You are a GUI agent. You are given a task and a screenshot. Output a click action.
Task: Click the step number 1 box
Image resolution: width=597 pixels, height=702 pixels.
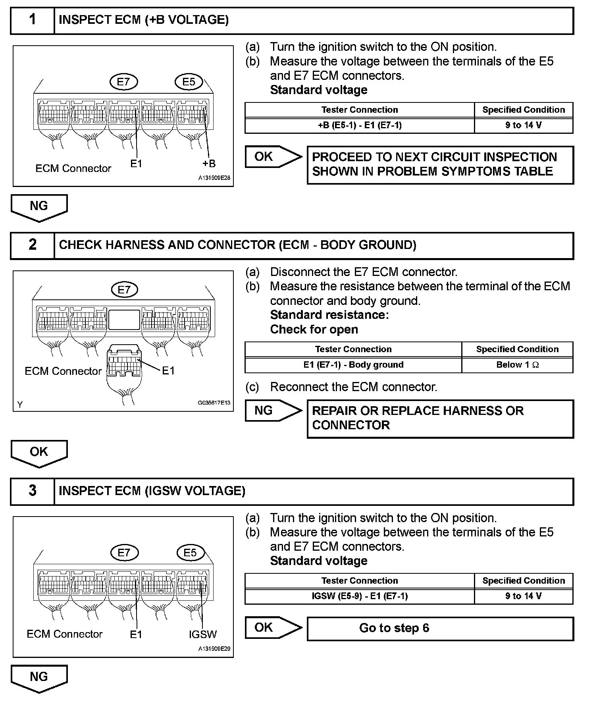pos(32,20)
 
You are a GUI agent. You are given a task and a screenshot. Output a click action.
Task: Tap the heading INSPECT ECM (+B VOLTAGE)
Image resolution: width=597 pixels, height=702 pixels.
pos(144,20)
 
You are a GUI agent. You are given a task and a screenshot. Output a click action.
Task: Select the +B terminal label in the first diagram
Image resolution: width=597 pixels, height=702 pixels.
pos(209,163)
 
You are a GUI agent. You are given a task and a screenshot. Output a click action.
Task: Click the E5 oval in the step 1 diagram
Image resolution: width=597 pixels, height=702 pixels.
pos(189,82)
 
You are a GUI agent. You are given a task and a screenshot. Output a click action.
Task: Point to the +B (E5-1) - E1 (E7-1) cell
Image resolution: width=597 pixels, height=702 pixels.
pos(359,125)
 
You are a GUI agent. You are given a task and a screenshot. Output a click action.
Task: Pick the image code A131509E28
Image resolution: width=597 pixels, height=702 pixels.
pos(214,178)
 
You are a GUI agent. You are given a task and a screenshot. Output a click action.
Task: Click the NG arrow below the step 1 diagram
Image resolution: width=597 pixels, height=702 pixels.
pos(39,207)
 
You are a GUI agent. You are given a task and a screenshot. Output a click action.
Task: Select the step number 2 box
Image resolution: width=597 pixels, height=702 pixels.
pos(32,245)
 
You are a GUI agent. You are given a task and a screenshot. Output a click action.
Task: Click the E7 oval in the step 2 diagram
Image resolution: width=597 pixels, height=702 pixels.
pos(124,289)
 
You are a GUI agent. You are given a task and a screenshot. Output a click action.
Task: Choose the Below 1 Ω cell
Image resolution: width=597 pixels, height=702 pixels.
pos(517,365)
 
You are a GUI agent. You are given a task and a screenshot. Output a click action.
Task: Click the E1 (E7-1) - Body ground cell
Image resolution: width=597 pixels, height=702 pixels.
pos(353,365)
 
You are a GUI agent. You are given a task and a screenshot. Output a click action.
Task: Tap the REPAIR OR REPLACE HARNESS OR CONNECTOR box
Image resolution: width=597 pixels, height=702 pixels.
pos(440,418)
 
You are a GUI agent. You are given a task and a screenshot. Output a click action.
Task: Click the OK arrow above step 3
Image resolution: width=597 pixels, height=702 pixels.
pos(39,453)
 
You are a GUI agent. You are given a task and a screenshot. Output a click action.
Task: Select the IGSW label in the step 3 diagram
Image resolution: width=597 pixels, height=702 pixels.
pos(203,634)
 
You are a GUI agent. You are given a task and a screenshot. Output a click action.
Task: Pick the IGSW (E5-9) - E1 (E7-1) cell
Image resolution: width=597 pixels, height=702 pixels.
pos(359,596)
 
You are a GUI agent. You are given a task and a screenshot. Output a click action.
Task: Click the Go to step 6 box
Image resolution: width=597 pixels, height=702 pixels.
pos(440,628)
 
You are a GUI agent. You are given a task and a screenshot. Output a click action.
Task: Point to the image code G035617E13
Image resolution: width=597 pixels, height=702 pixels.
pos(214,403)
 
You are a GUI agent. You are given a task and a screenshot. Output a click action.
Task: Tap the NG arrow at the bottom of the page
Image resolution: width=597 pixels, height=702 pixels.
pos(39,678)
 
